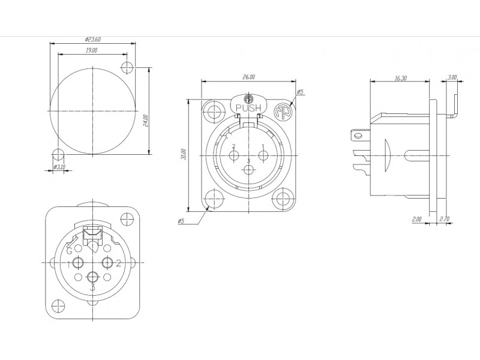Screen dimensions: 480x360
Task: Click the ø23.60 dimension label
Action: [x=93, y=40]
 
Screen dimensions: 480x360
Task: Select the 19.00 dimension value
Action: [x=91, y=50]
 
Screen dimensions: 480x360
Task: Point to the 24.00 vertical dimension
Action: [x=145, y=121]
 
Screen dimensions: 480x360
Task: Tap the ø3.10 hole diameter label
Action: [x=59, y=167]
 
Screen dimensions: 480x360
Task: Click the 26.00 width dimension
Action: [x=248, y=77]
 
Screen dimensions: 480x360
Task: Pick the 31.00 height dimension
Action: [x=184, y=154]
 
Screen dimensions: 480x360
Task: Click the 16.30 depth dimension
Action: [x=400, y=78]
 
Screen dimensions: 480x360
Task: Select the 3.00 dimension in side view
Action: [x=452, y=77]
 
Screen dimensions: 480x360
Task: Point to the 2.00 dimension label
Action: [x=416, y=219]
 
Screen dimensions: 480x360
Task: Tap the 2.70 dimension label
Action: [x=444, y=219]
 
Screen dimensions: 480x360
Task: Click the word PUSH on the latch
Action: [x=248, y=108]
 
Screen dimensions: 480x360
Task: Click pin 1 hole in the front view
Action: [x=263, y=155]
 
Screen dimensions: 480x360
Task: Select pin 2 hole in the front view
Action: [x=234, y=155]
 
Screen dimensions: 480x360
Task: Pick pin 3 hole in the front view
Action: [x=248, y=169]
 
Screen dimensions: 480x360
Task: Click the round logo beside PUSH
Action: [x=282, y=112]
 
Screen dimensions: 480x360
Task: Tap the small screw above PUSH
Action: [x=248, y=99]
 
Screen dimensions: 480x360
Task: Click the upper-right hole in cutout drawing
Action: [x=127, y=67]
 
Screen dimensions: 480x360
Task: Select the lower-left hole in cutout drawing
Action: [x=58, y=155]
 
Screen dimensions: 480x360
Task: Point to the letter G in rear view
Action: [x=70, y=251]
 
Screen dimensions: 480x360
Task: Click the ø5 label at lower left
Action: [x=181, y=221]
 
